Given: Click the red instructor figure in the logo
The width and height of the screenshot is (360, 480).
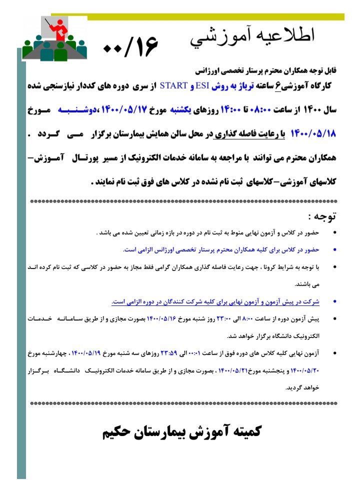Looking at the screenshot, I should pyautogui.click(x=61, y=30).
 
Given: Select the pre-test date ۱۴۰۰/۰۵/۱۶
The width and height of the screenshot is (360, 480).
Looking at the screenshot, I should pyautogui.click(x=163, y=317).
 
